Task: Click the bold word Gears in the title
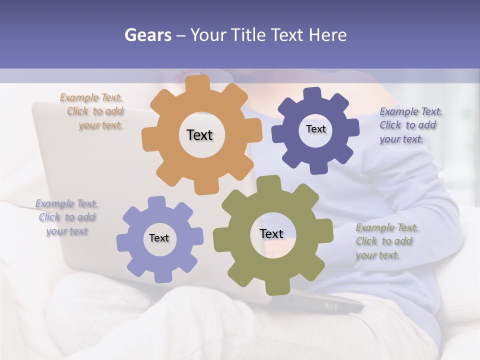(147, 35)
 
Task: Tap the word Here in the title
(327, 35)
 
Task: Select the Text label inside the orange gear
(199, 135)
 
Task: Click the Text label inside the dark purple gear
(315, 129)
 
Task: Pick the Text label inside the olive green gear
(271, 233)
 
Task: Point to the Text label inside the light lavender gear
(159, 238)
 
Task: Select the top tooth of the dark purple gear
(312, 93)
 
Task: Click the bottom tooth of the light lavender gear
(162, 275)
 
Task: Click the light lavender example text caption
(67, 217)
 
